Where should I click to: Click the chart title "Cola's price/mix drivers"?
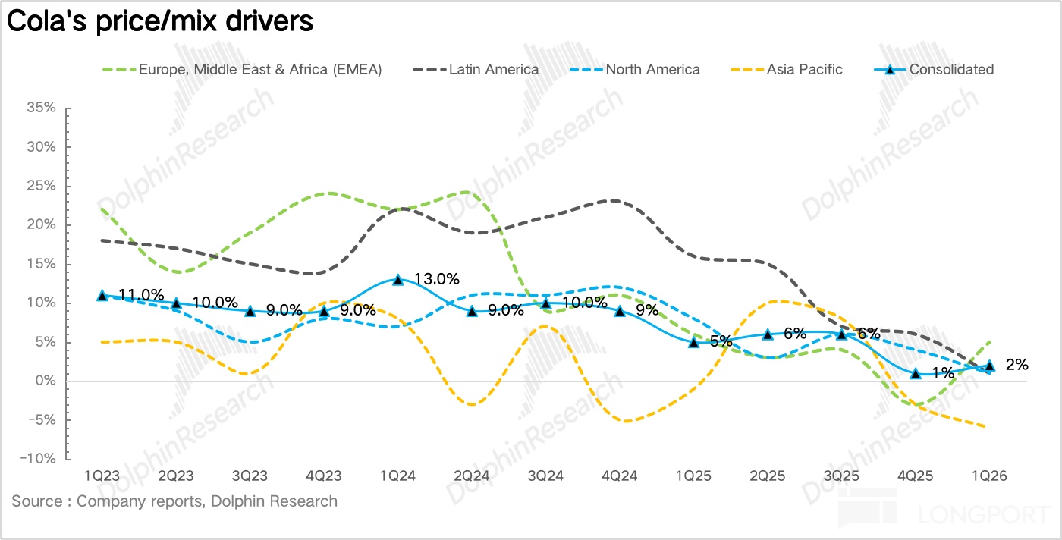pos(160,21)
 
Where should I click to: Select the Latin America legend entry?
pos(476,69)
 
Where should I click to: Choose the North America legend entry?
pos(635,69)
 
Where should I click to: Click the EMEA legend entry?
pos(242,69)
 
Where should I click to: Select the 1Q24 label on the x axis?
pos(397,476)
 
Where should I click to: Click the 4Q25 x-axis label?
pos(916,476)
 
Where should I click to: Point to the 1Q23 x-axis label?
pos(102,476)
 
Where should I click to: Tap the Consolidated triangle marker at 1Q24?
pos(397,279)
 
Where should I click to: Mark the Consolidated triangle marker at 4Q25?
pos(916,373)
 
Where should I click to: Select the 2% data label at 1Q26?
pos(1016,365)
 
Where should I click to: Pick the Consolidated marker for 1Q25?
pos(693,342)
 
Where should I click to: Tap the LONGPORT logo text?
pos(979,516)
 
